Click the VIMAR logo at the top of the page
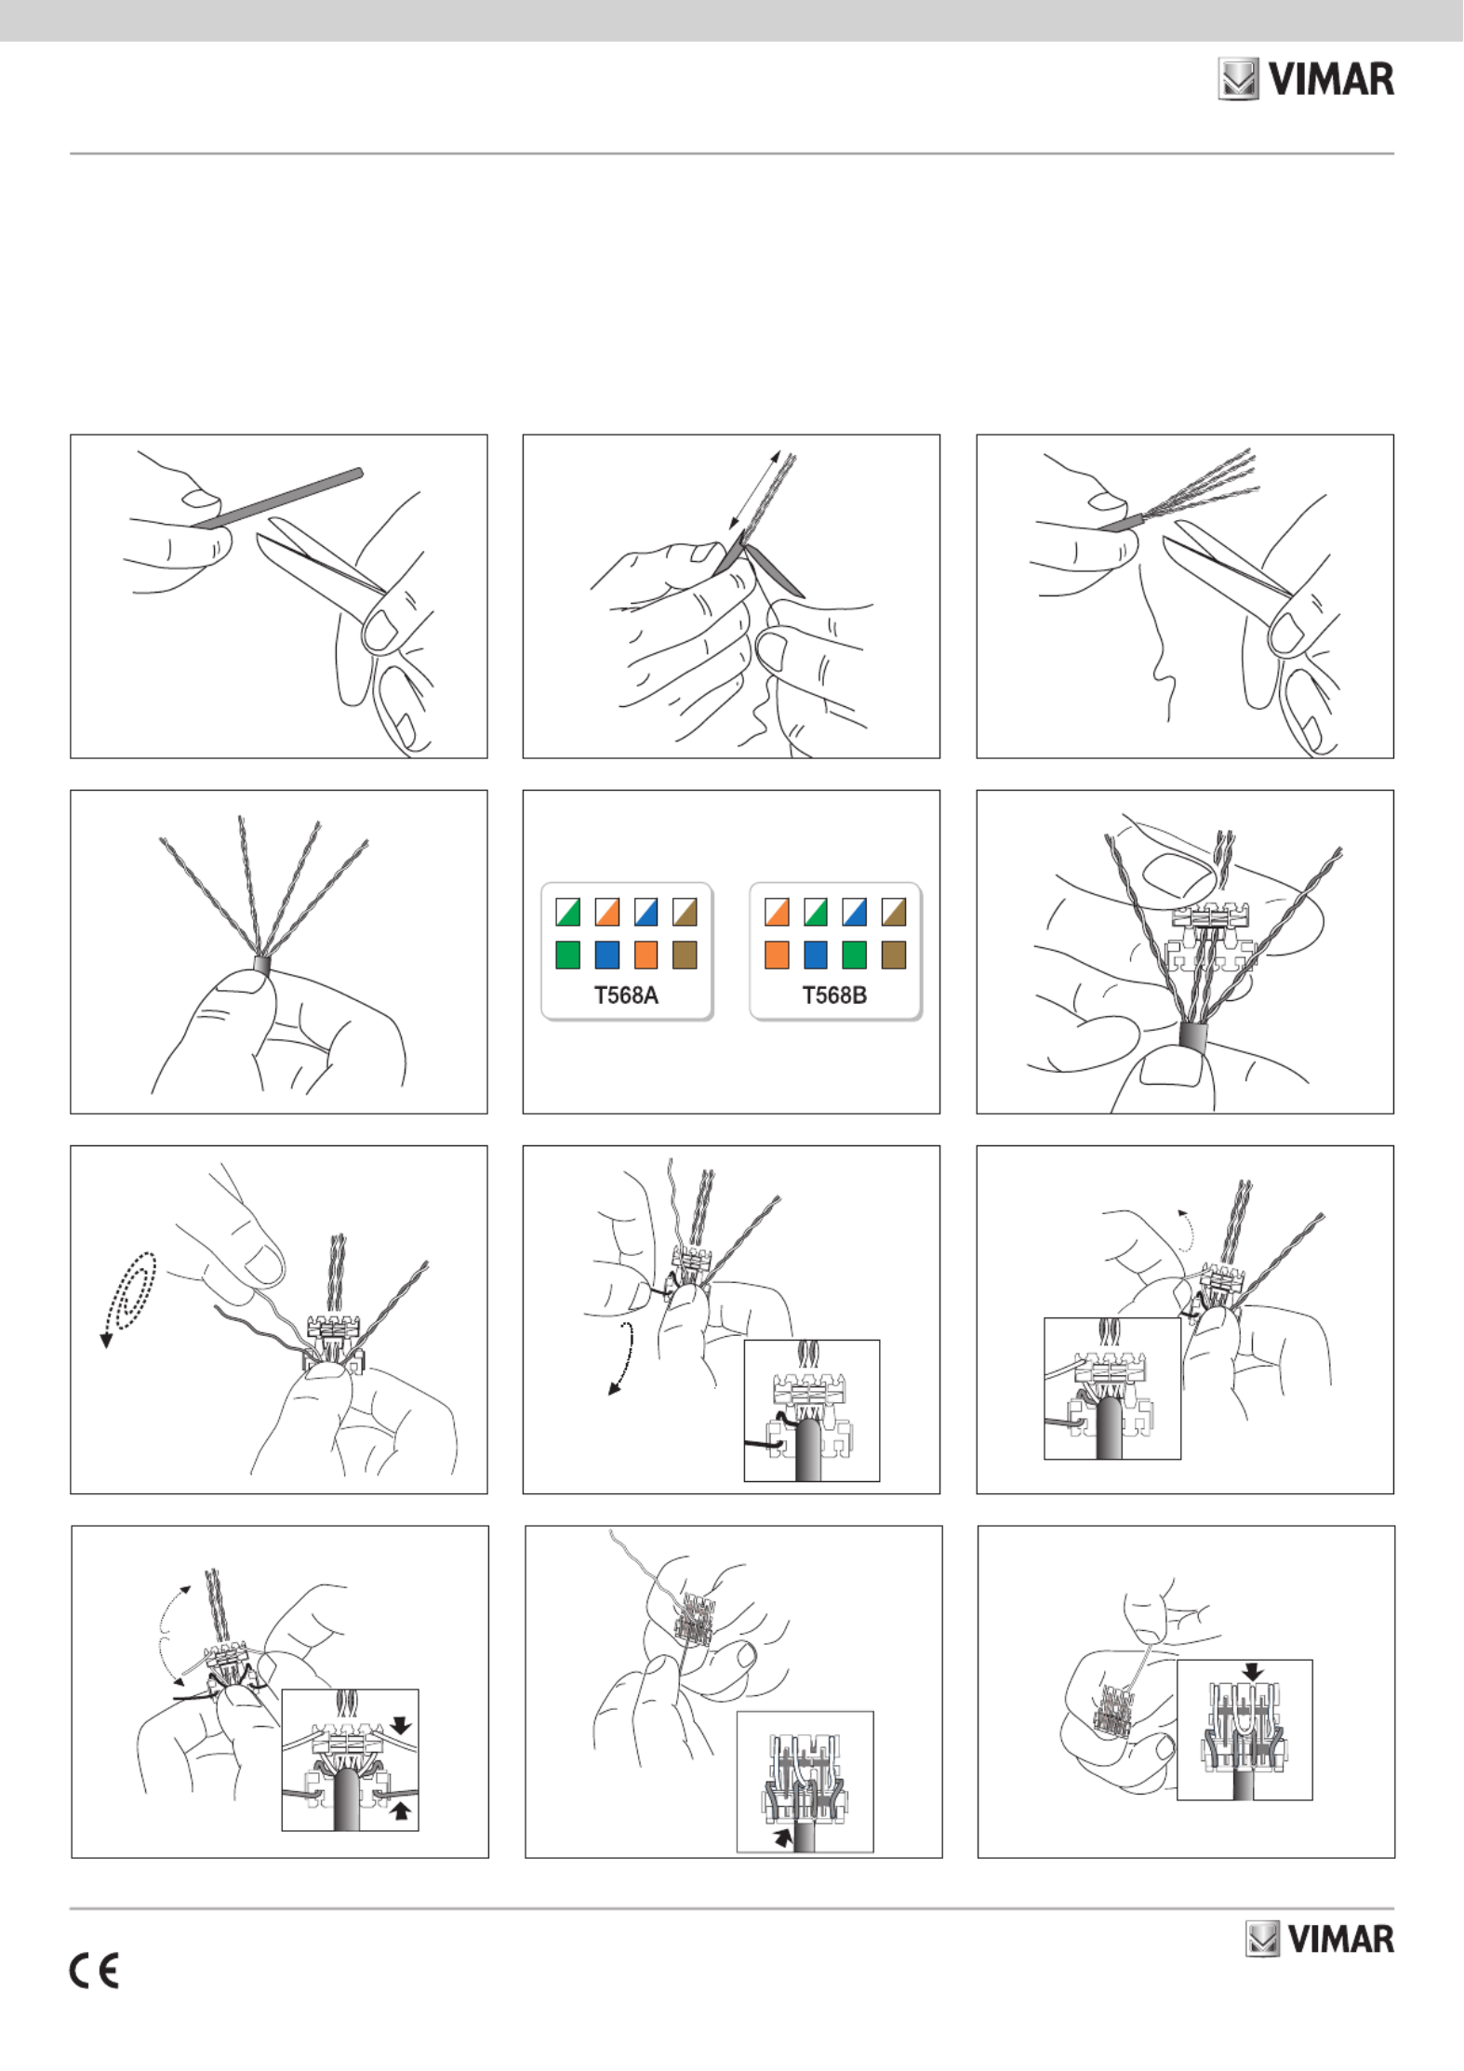tap(1306, 79)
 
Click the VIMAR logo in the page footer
tap(1320, 1939)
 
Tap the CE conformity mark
tap(94, 1971)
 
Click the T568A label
tap(626, 995)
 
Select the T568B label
tap(834, 995)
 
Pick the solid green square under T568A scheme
tap(567, 955)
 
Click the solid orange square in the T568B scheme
tap(777, 955)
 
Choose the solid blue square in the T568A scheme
tap(606, 955)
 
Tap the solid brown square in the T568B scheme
tap(893, 955)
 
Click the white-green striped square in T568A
tap(567, 912)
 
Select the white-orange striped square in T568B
tap(777, 912)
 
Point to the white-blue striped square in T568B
tap(854, 912)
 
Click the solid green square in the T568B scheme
tap(854, 955)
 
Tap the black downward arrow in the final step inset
tap(1253, 1672)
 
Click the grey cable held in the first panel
tap(277, 499)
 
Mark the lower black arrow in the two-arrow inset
tap(401, 1810)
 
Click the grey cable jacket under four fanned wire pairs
tap(261, 965)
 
